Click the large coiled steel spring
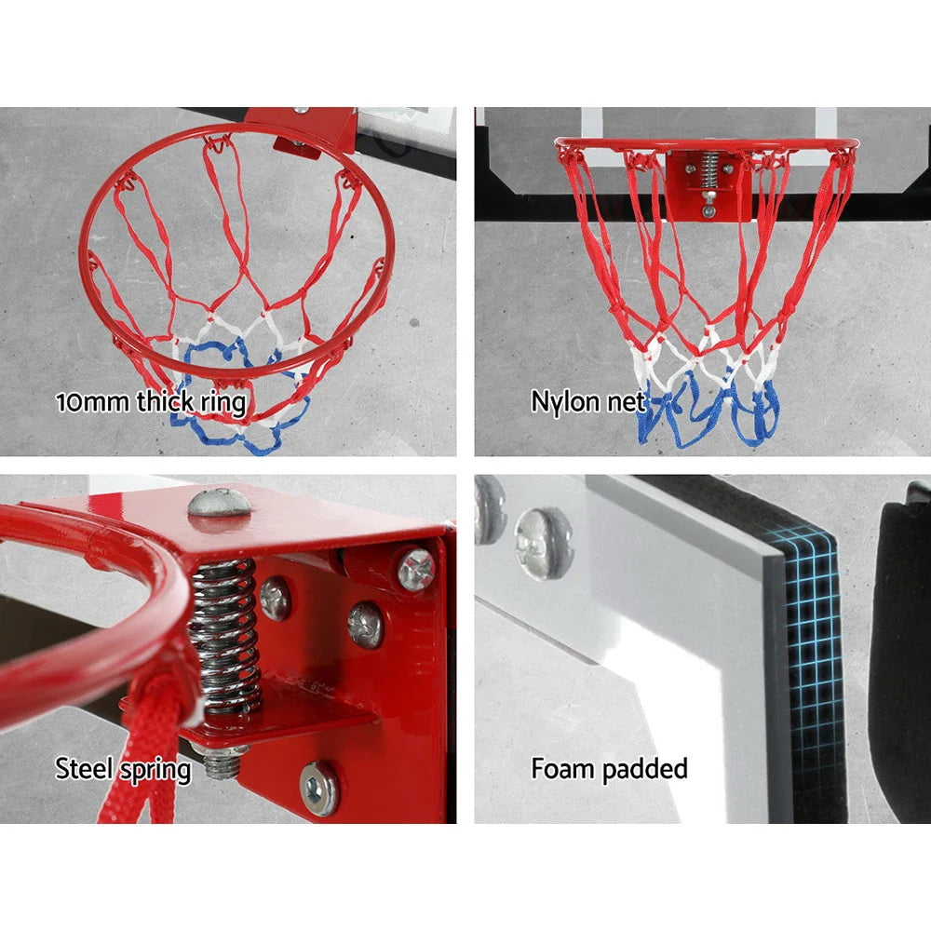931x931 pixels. coord(223,633)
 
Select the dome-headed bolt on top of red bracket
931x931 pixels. coord(220,502)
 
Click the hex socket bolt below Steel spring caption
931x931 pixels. coord(320,788)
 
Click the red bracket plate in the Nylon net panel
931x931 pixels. coord(707,186)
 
